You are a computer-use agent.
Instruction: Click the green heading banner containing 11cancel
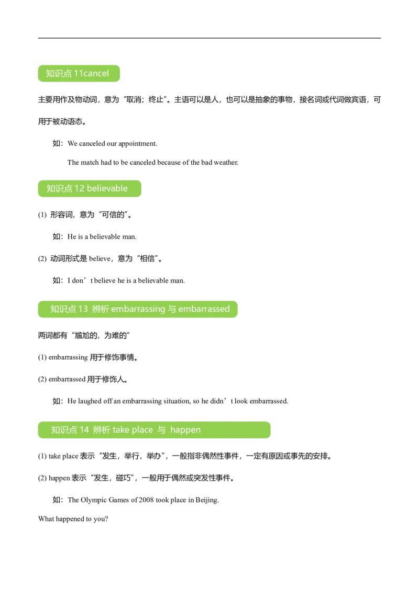click(x=79, y=73)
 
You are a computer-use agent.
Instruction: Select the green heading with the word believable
click(x=90, y=188)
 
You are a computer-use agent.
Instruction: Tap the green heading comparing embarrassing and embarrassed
click(x=138, y=309)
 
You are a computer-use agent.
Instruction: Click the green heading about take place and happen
click(x=155, y=430)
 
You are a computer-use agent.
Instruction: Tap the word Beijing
click(x=207, y=500)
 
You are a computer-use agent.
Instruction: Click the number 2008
click(x=146, y=500)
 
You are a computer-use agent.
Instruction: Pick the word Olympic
click(x=94, y=500)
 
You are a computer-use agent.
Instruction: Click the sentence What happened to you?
click(x=73, y=519)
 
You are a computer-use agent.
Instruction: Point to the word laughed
click(x=90, y=401)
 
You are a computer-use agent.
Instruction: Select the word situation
click(x=177, y=401)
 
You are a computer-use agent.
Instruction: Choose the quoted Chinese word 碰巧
click(x=123, y=478)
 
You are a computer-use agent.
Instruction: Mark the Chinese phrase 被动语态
click(x=68, y=121)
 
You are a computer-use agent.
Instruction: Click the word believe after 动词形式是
click(x=100, y=259)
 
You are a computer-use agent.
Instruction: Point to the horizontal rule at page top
click(x=210, y=38)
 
